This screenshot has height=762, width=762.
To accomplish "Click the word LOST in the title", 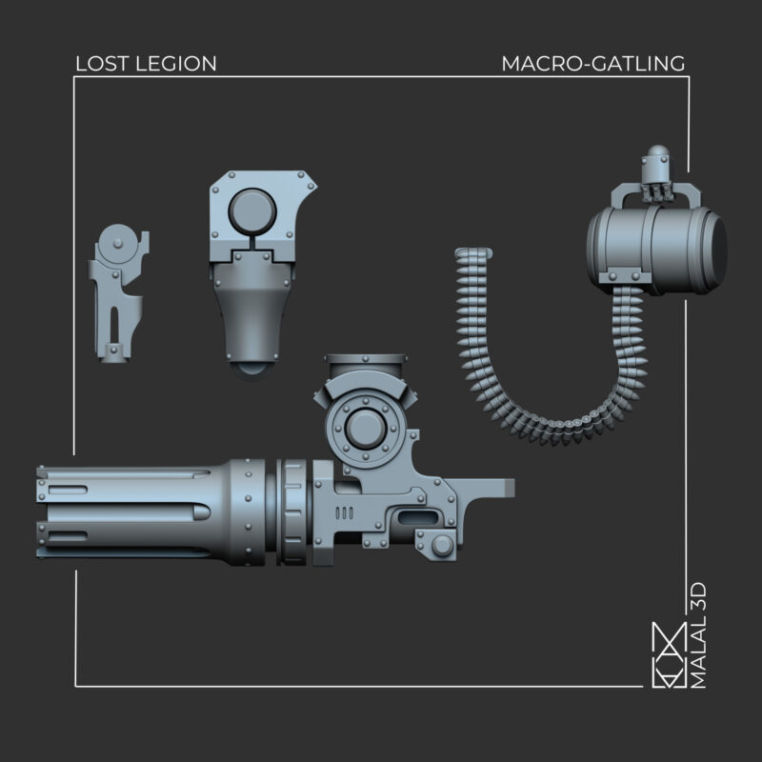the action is [102, 64].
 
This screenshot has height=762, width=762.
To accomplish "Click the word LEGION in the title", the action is [175, 64].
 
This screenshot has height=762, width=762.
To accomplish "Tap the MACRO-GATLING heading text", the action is [592, 64].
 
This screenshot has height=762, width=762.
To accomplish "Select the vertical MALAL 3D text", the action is [698, 635].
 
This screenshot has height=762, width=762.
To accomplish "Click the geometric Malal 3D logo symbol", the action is [669, 655].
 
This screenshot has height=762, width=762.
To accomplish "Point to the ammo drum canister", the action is [656, 250].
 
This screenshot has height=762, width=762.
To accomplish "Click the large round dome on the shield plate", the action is [251, 211].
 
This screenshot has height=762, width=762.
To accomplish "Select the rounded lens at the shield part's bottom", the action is [251, 371].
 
